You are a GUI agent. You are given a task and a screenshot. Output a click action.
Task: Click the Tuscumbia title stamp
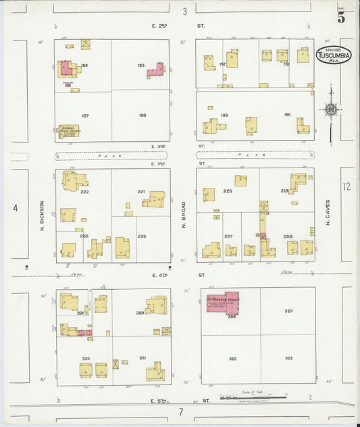click(333, 55)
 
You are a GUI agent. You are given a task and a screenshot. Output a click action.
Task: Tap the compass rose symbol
click(330, 109)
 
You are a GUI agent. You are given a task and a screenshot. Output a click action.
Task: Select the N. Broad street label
click(184, 216)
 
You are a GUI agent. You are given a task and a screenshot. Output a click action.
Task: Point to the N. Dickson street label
click(42, 216)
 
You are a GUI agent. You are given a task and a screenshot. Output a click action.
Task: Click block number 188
click(142, 115)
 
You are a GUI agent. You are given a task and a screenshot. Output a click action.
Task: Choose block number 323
click(288, 357)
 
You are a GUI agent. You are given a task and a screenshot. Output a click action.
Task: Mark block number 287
click(288, 311)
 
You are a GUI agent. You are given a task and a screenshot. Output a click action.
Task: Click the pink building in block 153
click(155, 70)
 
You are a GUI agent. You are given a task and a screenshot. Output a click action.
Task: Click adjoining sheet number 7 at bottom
click(180, 411)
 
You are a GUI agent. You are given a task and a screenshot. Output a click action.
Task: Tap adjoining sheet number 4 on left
click(15, 207)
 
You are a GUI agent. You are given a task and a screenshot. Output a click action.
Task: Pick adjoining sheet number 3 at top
click(184, 11)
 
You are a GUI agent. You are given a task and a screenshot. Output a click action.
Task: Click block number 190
click(287, 115)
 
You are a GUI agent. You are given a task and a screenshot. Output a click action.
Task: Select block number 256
click(142, 236)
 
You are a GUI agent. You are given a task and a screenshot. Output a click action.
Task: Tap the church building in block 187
click(68, 130)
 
